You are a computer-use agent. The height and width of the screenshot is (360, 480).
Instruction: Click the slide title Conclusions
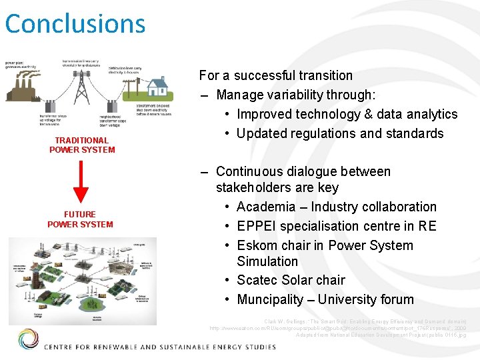(x=75, y=23)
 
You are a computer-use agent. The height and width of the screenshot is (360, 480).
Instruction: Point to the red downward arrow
(x=81, y=181)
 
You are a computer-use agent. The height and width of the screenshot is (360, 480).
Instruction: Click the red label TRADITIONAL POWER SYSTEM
(x=81, y=145)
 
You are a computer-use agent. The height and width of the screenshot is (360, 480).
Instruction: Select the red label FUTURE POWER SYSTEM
(x=80, y=219)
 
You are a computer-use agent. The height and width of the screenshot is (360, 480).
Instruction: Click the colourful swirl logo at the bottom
(x=28, y=339)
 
